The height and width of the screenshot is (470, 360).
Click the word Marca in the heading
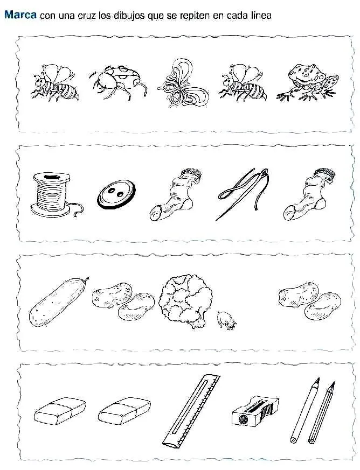point(20,15)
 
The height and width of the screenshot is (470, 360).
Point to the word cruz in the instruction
point(87,16)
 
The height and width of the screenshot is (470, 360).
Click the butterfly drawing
point(182,83)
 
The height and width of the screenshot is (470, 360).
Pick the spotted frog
point(308,82)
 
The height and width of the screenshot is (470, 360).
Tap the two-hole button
point(116,194)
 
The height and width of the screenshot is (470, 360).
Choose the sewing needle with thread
point(243,194)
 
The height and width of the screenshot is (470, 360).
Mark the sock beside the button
point(176,194)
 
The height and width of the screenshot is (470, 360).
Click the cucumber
point(59,302)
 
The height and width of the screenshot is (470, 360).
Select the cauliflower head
point(185,301)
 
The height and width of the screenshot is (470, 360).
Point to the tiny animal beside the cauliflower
point(226,320)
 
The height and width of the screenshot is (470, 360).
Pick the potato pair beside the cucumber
point(123,301)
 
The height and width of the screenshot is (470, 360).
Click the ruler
point(191,411)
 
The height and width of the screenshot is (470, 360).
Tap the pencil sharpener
point(255,411)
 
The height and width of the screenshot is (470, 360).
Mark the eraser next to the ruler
point(124,411)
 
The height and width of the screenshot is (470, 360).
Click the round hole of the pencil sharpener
point(243,420)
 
